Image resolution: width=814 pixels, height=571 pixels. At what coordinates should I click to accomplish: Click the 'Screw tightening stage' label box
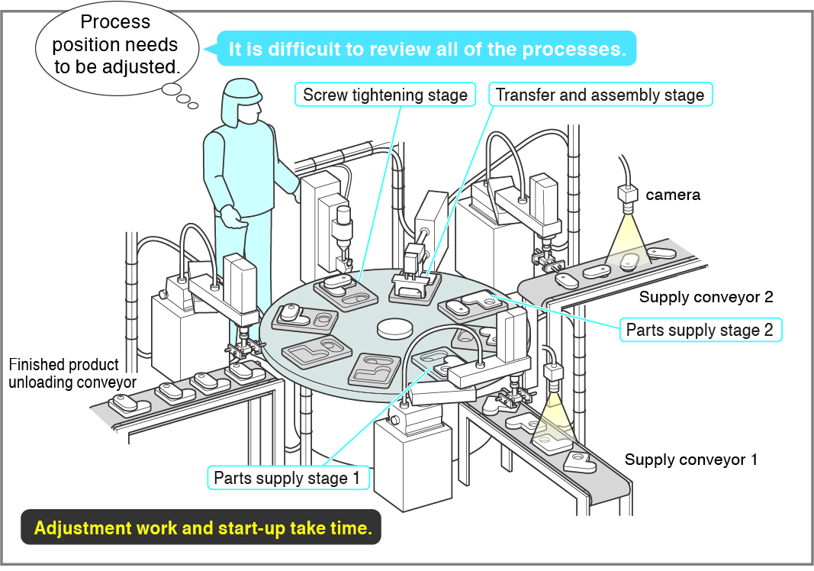tap(385, 95)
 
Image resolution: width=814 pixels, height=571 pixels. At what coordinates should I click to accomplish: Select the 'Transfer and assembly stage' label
tap(600, 95)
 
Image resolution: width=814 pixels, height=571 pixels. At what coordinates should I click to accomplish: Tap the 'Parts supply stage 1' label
tap(288, 477)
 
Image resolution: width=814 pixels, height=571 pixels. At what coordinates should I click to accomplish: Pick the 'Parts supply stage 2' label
tap(700, 330)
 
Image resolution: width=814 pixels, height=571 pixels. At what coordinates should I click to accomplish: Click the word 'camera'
tap(673, 195)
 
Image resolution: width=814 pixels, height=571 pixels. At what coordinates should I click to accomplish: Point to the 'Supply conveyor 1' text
tap(691, 460)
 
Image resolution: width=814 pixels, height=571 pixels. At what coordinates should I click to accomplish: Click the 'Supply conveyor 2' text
tap(706, 297)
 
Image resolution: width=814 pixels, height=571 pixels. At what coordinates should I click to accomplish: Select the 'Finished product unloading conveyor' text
tap(72, 373)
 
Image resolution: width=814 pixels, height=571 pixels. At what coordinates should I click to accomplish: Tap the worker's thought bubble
tap(117, 48)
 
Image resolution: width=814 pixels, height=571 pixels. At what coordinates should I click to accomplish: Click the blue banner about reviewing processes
tap(426, 48)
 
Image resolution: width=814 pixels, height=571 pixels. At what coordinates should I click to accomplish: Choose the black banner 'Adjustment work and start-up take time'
tap(201, 527)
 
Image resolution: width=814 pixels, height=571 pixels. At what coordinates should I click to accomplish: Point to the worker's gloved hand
tap(233, 216)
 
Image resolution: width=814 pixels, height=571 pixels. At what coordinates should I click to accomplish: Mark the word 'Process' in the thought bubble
tap(115, 22)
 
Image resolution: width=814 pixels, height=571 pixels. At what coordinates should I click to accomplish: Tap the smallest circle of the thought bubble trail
tap(193, 106)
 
